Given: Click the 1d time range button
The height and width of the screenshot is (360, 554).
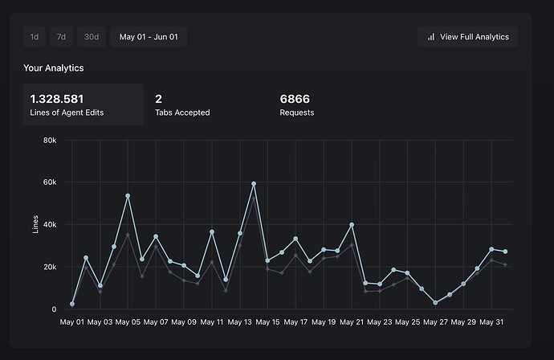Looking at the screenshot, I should click(x=35, y=36).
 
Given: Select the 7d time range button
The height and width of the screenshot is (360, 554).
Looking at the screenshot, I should click(x=61, y=36).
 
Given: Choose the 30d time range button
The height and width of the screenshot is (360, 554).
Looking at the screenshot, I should click(x=92, y=36).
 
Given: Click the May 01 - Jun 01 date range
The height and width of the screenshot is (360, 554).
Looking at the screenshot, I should click(x=149, y=36).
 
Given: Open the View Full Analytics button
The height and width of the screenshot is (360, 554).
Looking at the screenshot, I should click(x=468, y=36).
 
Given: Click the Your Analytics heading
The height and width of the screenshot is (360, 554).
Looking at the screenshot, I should click(x=54, y=68).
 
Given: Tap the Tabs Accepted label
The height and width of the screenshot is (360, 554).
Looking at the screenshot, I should click(x=182, y=112).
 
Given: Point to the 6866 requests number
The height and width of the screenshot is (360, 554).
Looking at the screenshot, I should click(x=295, y=99).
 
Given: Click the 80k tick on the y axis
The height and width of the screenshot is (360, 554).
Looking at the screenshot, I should click(x=49, y=141).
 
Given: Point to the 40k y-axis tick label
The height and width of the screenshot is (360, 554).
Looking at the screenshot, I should click(x=49, y=225).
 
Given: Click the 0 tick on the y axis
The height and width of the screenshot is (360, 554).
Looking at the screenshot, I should click(x=53, y=309).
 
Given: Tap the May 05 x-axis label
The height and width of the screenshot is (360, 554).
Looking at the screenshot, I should click(x=128, y=323).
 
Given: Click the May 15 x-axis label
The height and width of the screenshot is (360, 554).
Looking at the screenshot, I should click(x=267, y=323).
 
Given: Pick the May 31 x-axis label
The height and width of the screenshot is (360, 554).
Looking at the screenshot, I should click(x=491, y=323).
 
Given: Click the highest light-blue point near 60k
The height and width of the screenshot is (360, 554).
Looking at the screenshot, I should click(x=254, y=184).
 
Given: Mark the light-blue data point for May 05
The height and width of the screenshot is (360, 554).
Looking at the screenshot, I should click(x=128, y=196).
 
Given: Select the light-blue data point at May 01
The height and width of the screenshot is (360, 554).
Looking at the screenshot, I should click(x=72, y=305).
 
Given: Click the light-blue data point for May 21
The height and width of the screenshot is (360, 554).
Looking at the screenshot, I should click(x=352, y=225).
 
